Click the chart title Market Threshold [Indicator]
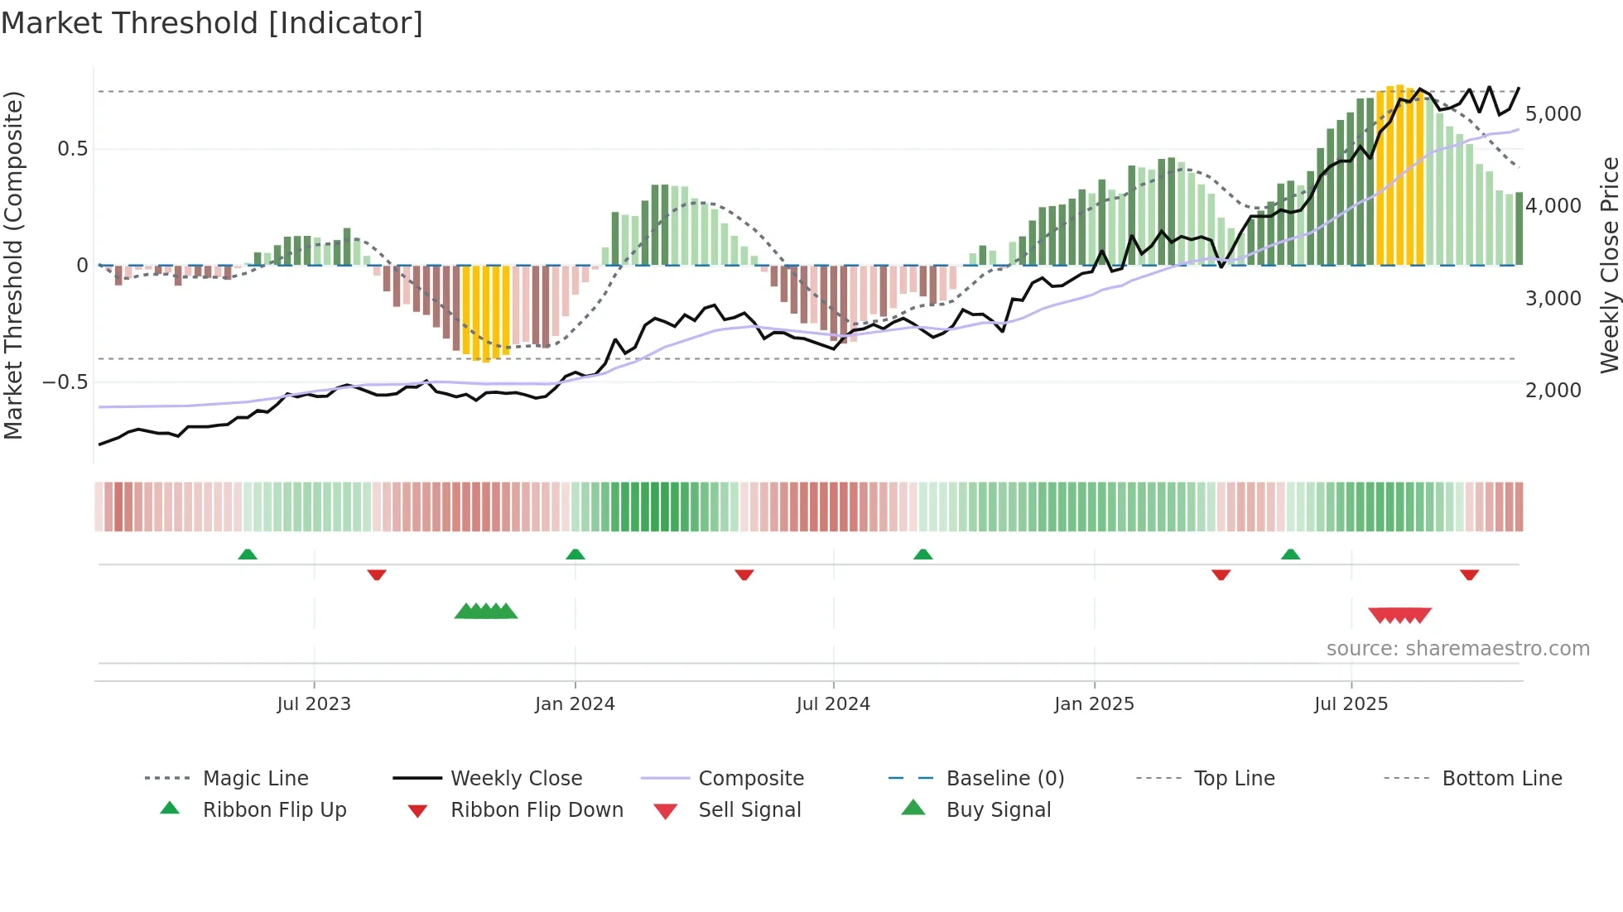click(x=212, y=23)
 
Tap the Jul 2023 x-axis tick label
click(x=314, y=704)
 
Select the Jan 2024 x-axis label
click(x=575, y=704)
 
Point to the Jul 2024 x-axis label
click(x=833, y=704)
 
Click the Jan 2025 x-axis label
click(x=1094, y=704)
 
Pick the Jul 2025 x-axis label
click(x=1351, y=704)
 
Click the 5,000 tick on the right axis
click(x=1553, y=114)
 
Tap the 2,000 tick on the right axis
click(x=1553, y=391)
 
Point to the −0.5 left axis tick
click(x=65, y=382)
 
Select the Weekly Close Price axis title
click(x=1609, y=265)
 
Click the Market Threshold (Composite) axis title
click(x=13, y=265)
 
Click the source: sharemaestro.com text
click(x=1457, y=649)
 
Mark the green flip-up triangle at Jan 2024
click(x=576, y=554)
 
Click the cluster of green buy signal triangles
click(x=486, y=612)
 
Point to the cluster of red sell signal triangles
click(x=1399, y=615)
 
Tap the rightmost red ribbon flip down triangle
click(x=1469, y=574)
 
